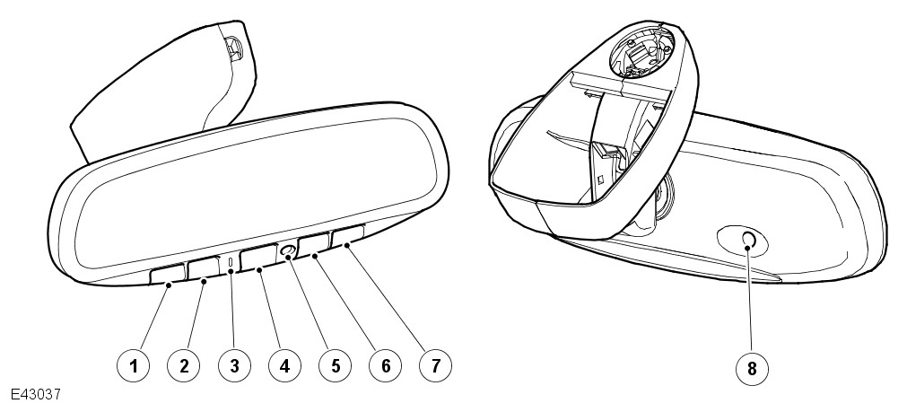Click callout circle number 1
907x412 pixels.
[134, 365]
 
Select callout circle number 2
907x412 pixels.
[184, 365]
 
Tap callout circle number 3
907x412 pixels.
[234, 365]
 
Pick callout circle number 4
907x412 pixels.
[284, 365]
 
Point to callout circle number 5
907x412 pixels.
[335, 365]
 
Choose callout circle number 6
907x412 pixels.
[385, 365]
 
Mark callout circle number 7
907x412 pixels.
[436, 365]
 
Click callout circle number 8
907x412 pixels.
[752, 368]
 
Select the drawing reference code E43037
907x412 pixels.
[35, 395]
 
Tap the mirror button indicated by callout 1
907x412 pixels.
[169, 275]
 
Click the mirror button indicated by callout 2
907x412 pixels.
[205, 268]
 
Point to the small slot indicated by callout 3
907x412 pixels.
[231, 263]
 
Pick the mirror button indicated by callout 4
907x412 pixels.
[258, 257]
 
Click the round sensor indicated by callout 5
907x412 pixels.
[287, 250]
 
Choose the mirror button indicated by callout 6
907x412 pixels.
[313, 243]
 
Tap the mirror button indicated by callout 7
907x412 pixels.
[348, 235]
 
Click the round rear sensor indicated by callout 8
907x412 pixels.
[747, 240]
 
